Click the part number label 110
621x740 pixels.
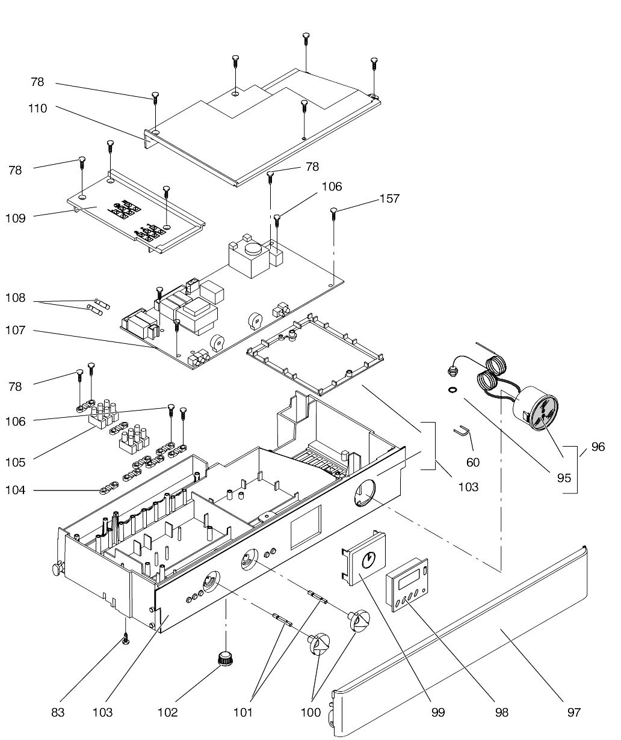click(38, 108)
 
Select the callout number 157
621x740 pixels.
click(390, 198)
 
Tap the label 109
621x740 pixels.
click(16, 218)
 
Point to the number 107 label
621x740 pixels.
click(16, 330)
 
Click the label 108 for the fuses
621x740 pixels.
click(16, 298)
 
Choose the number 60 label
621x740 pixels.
click(472, 462)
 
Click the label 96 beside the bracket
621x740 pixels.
click(598, 447)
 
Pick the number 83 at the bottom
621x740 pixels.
click(58, 712)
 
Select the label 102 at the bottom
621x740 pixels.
click(167, 712)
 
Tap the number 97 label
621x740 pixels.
click(574, 712)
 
